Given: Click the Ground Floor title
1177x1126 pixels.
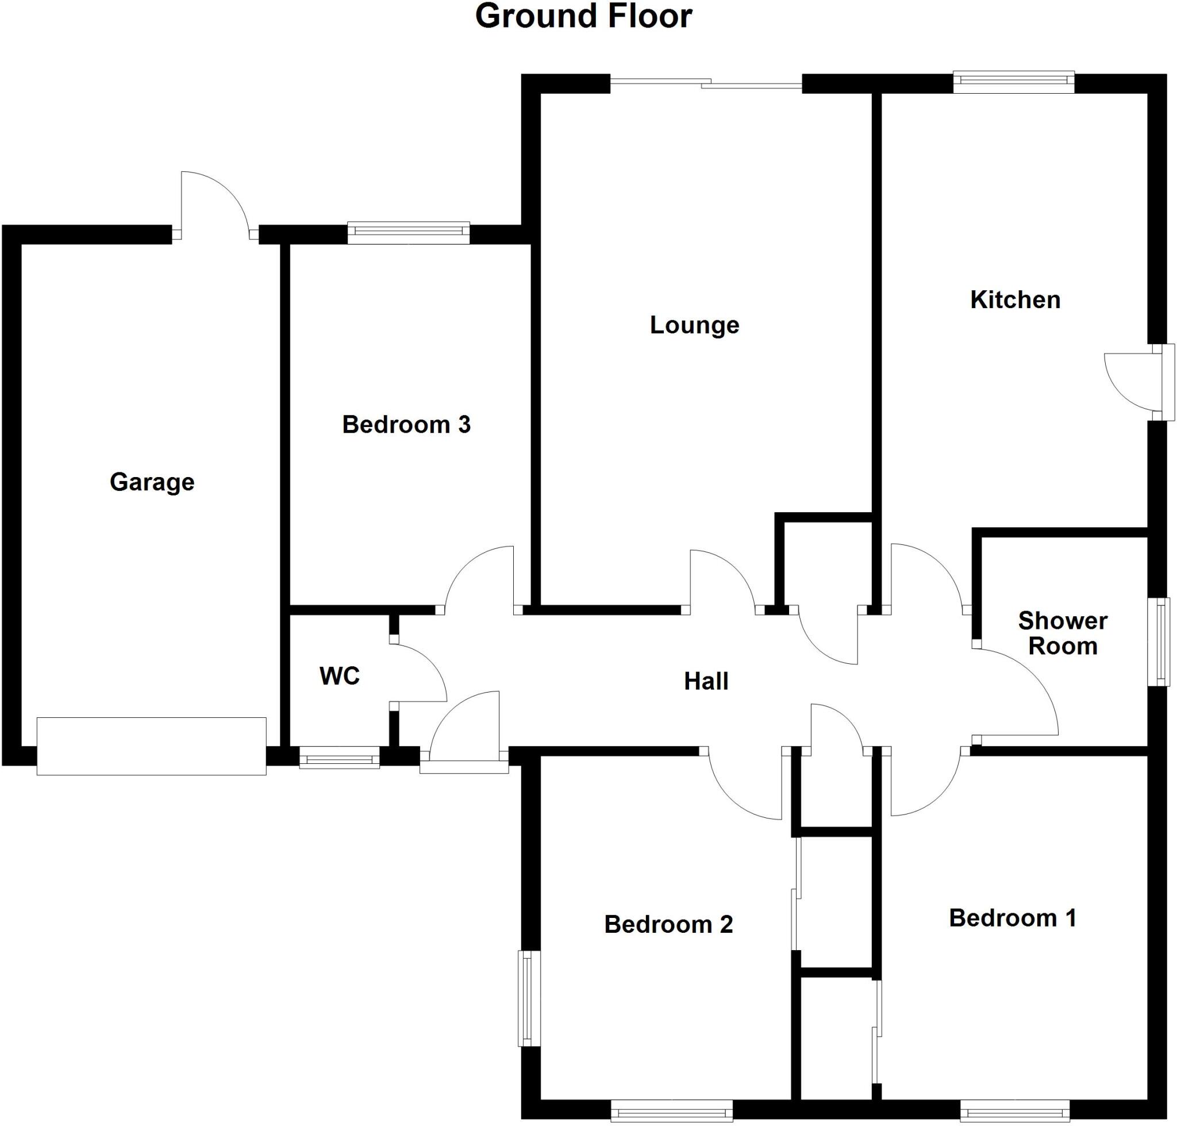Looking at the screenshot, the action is pyautogui.click(x=583, y=17).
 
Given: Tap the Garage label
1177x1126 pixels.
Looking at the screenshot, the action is pyautogui.click(x=152, y=483).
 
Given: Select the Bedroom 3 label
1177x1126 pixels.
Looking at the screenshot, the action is pyautogui.click(x=406, y=425).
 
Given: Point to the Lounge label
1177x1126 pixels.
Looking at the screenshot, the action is pyautogui.click(x=694, y=325).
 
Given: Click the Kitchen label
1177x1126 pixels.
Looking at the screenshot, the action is pyautogui.click(x=1015, y=300).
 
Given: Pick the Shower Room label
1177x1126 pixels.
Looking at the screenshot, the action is pyautogui.click(x=1063, y=633).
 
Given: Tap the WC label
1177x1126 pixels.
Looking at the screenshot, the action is pyautogui.click(x=339, y=676).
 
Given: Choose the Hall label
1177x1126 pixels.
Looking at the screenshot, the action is pyautogui.click(x=706, y=681).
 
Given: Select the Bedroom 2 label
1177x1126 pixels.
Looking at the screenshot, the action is pyautogui.click(x=668, y=924).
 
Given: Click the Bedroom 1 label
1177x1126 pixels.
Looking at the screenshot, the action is pyautogui.click(x=1013, y=919).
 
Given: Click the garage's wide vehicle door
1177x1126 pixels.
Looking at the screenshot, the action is pyautogui.click(x=151, y=746).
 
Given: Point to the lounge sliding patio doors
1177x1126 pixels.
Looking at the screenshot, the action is pyautogui.click(x=706, y=84).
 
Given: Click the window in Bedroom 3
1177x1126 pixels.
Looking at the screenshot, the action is pyautogui.click(x=408, y=233).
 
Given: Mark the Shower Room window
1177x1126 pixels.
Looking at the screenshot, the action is pyautogui.click(x=1162, y=641).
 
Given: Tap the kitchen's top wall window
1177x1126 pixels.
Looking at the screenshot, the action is pyautogui.click(x=1013, y=82).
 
